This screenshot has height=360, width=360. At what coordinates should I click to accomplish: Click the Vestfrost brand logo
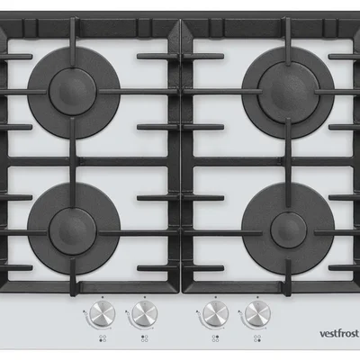(338, 333)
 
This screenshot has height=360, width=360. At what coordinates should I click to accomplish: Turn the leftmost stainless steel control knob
(103, 314)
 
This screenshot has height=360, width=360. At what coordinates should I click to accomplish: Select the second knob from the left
(145, 314)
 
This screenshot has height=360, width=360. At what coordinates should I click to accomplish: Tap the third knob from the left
(215, 314)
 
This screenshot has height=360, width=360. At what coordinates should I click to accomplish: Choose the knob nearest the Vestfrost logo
(257, 314)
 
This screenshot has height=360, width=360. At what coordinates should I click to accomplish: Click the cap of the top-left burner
(73, 91)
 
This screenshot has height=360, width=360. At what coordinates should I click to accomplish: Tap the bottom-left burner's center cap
(73, 231)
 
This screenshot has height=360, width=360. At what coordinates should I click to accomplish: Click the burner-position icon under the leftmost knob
(103, 338)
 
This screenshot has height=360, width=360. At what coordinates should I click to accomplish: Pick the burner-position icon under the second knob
(145, 338)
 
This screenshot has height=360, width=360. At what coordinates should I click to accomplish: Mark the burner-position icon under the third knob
(215, 338)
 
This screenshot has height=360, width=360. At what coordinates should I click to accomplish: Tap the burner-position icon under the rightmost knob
(257, 338)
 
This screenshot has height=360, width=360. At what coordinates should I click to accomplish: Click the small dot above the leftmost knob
(103, 297)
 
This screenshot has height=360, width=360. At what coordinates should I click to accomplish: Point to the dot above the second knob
(145, 297)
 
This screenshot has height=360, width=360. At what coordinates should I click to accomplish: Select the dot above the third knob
(215, 297)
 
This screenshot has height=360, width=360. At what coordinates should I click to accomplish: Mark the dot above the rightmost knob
(257, 297)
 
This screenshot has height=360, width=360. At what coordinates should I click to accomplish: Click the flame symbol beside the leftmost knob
(84, 312)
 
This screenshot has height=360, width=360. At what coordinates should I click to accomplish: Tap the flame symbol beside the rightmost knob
(239, 312)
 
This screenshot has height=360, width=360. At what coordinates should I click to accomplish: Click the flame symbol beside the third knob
(197, 312)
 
